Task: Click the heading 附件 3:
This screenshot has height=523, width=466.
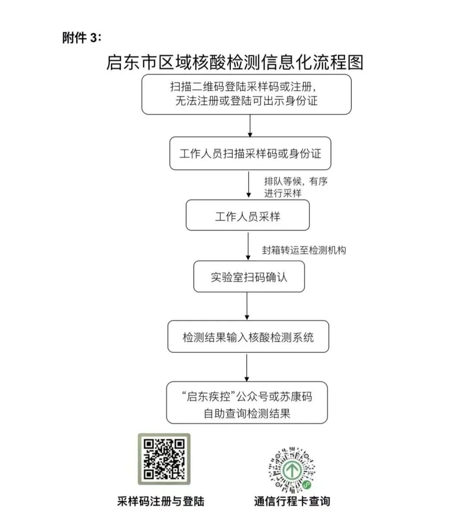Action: coord(82,37)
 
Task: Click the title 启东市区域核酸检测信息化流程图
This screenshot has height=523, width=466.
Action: coord(235,62)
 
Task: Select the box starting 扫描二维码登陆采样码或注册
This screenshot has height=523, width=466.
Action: coord(246,94)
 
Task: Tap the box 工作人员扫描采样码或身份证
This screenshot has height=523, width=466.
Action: coord(250,153)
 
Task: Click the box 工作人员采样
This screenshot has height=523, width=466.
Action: coord(248,215)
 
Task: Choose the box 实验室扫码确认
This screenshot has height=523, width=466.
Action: coord(249,277)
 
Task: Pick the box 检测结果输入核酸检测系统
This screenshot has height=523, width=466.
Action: coord(248,336)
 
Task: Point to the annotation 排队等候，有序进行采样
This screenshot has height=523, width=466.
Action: coord(296,187)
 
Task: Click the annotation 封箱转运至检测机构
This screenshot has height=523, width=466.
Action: coord(304,250)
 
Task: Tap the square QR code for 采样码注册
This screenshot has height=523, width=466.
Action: coord(164,459)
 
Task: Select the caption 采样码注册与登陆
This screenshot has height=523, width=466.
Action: coord(161,501)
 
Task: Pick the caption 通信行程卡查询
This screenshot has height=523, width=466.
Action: coord(292,501)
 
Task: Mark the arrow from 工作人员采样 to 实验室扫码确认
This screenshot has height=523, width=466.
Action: coord(248,246)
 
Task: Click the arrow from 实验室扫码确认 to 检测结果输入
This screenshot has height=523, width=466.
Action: coord(247,306)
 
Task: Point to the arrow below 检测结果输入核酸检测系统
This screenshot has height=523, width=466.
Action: coord(247,367)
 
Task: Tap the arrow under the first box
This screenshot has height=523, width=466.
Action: coord(250,126)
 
